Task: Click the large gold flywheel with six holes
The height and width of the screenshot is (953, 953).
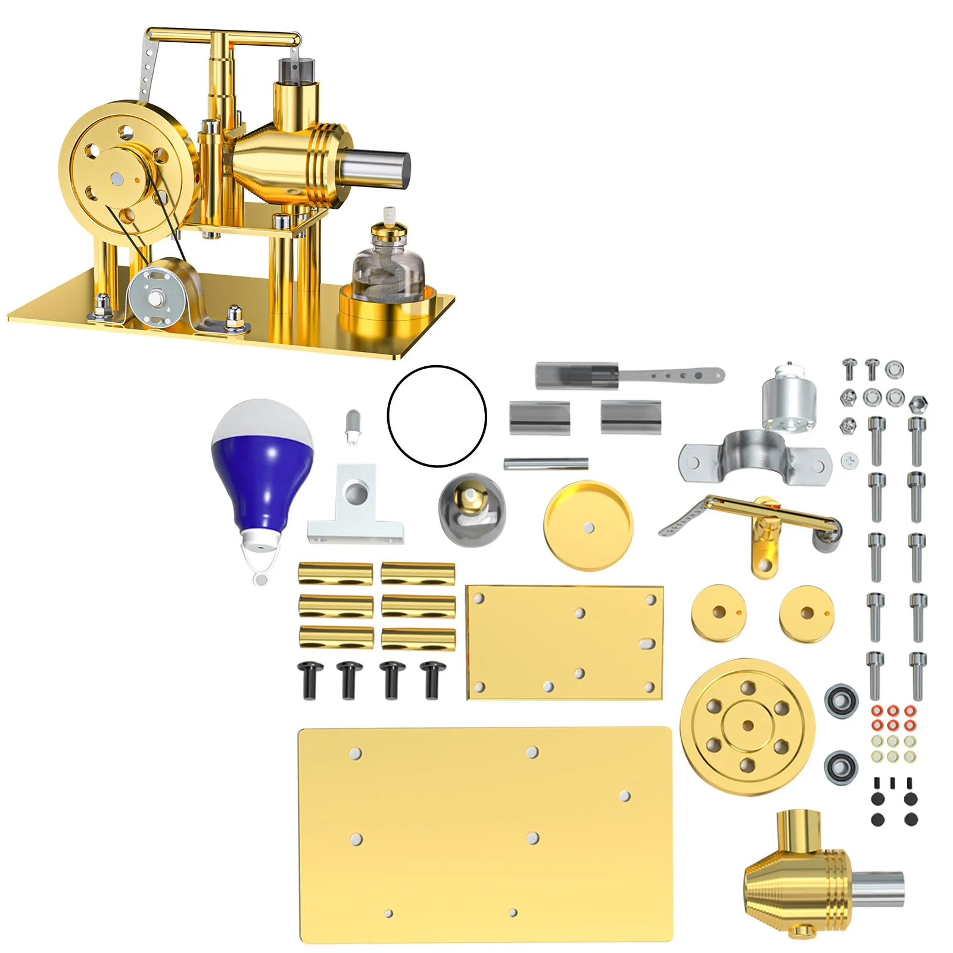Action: (748, 724)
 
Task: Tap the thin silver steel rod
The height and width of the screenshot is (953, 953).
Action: (546, 463)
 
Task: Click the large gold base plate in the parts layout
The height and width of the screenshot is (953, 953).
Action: (485, 834)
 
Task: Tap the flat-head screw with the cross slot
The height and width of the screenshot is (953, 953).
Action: (850, 460)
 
